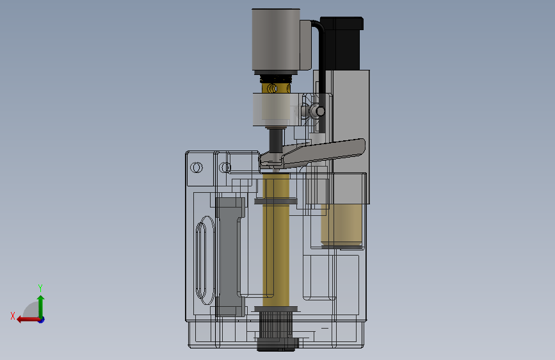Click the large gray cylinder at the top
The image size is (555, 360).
click(x=276, y=39)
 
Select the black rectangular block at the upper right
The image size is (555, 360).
click(x=342, y=42)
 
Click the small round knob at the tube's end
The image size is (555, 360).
click(x=320, y=111)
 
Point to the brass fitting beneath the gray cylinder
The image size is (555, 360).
click(x=276, y=88)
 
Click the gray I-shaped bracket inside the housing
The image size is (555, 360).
click(x=230, y=257)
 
